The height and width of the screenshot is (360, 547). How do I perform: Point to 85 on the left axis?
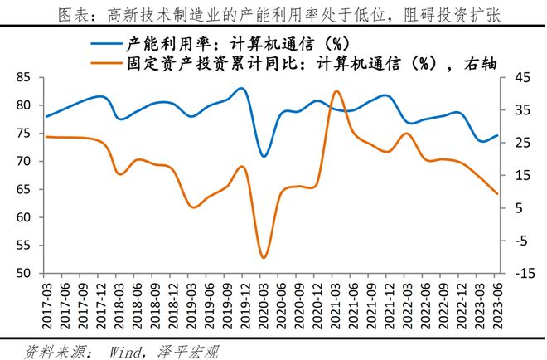(23, 77)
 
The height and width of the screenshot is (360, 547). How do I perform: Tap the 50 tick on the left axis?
(23, 273)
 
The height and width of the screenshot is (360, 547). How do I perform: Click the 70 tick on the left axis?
(23, 161)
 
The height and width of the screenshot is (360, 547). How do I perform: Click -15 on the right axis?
(515, 273)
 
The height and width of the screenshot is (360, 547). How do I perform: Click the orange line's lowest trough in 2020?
(264, 258)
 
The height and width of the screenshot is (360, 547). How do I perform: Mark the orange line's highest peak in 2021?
(336, 91)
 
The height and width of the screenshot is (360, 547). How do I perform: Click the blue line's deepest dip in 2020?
(264, 156)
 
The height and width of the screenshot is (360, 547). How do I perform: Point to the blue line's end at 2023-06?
(497, 135)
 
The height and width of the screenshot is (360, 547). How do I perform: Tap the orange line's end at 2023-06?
(497, 193)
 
